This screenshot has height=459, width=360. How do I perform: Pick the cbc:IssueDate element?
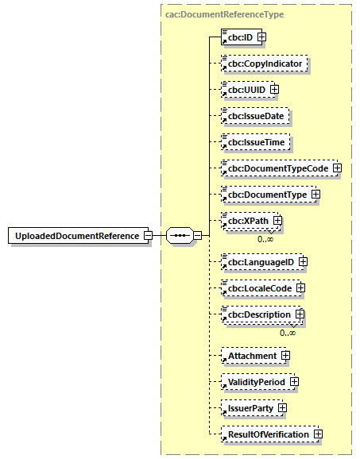pyautogui.click(x=255, y=115)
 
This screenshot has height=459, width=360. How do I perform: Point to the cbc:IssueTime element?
pyautogui.click(x=255, y=141)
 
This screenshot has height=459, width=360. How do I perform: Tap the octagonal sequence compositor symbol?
pyautogui.click(x=179, y=236)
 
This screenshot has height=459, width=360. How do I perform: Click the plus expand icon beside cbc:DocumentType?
pyautogui.click(x=315, y=194)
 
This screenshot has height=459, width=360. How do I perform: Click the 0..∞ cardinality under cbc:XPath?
pyautogui.click(x=265, y=238)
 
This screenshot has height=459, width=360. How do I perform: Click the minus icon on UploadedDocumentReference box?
pyautogui.click(x=148, y=236)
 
